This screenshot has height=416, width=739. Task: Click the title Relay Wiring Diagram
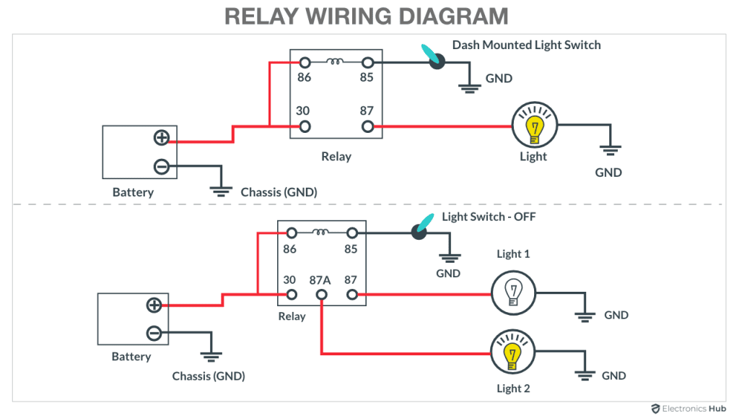367,16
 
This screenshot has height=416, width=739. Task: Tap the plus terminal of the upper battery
161,138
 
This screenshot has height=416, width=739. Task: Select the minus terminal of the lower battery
154,333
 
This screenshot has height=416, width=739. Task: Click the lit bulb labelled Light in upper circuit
534,126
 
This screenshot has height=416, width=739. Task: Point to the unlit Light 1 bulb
513,293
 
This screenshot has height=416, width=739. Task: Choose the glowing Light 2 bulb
512,353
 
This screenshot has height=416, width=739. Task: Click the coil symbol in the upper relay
336,62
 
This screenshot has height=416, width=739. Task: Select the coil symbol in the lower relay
321,233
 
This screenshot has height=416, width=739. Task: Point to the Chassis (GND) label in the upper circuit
279,192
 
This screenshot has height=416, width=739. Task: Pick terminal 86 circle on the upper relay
305,63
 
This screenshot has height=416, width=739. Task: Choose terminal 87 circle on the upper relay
367,126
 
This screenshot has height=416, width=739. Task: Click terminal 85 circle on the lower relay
352,233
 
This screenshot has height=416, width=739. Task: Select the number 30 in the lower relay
289,279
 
